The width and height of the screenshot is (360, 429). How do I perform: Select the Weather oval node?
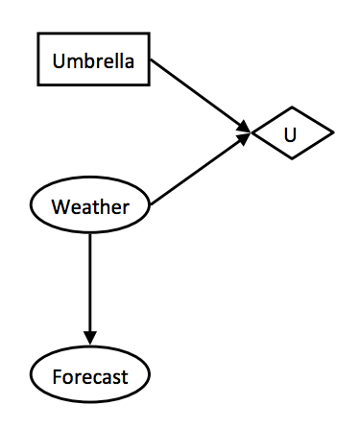pyautogui.click(x=90, y=206)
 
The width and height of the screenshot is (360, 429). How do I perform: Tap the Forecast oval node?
pyautogui.click(x=90, y=375)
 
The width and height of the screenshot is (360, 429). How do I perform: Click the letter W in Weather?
pyautogui.click(x=60, y=206)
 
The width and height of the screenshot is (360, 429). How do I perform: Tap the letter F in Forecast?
pyautogui.click(x=56, y=376)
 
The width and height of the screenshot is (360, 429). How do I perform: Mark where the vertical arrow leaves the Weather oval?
pyautogui.click(x=90, y=232)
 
